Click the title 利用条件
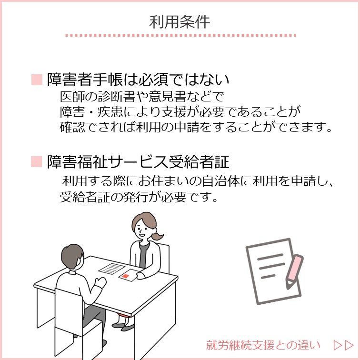(180, 22)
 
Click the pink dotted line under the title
(180, 36)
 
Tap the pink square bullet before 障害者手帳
(37, 80)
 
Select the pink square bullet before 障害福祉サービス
(37, 161)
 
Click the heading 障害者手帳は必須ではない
(138, 80)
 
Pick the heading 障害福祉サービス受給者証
(138, 161)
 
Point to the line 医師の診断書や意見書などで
(142, 97)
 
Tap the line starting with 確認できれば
(196, 127)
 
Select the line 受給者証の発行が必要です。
(139, 197)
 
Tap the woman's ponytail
(157, 235)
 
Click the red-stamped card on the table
(128, 275)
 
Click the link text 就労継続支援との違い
(263, 345)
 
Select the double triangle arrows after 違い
(344, 345)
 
